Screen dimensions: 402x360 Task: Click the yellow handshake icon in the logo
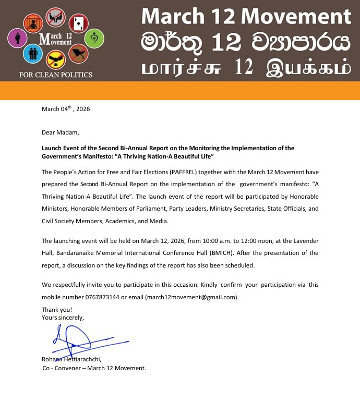click(55, 61)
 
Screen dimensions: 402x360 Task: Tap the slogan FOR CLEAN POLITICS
click(56, 75)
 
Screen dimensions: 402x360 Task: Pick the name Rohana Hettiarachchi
click(71, 359)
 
